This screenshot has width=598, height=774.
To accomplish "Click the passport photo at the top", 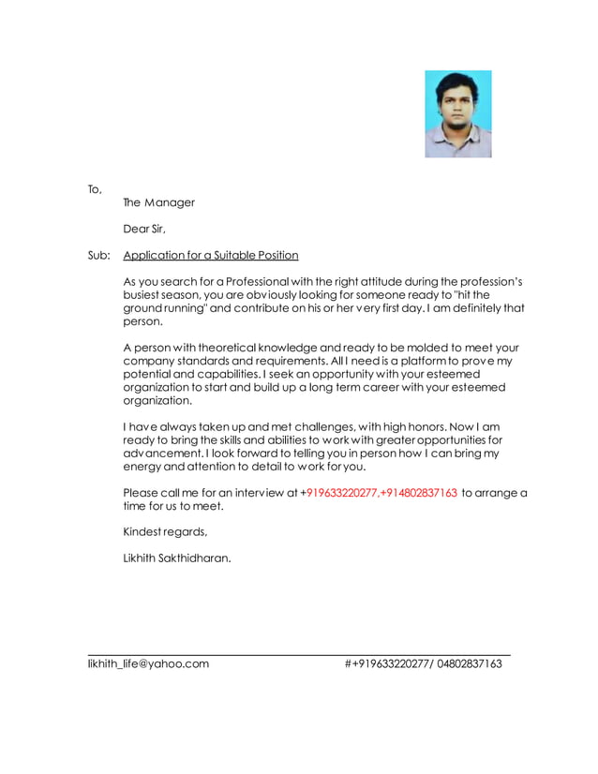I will click(x=457, y=113).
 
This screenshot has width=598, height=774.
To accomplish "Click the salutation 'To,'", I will click(x=95, y=189).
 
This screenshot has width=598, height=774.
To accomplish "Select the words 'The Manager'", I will click(x=158, y=202).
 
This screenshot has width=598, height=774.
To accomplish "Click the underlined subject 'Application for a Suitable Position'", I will click(x=211, y=255).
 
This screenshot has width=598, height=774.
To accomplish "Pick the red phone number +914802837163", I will click(x=418, y=493).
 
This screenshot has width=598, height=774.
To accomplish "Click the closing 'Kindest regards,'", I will click(x=165, y=532).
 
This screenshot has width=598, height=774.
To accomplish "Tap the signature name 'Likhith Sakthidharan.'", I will click(x=177, y=558).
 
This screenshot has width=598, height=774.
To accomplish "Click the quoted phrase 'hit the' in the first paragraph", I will click(x=472, y=295).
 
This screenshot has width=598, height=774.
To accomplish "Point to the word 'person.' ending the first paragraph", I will click(x=143, y=321).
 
